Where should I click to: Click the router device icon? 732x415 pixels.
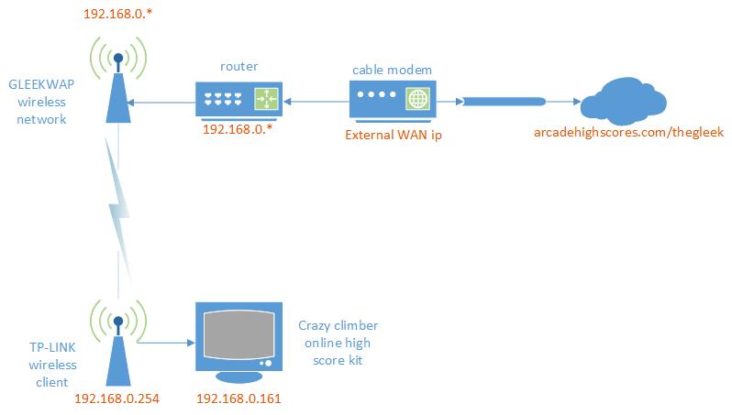point(238,100)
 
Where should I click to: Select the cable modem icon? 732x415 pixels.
point(393,99)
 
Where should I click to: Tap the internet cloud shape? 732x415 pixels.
point(623,100)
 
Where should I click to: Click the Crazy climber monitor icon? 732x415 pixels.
point(238,342)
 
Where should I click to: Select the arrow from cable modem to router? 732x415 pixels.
point(316,101)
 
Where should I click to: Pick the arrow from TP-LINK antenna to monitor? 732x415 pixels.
point(166,343)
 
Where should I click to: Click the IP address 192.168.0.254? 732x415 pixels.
point(116,399)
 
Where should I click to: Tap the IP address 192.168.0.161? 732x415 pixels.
point(238,399)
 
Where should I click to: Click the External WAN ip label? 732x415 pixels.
point(394,136)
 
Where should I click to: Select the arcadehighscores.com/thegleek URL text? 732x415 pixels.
point(629,133)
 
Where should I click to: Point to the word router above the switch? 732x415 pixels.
point(239,67)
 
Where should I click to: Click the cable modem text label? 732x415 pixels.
point(393,70)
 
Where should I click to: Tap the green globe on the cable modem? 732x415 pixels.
point(417,99)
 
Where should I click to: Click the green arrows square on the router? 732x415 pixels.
point(266,99)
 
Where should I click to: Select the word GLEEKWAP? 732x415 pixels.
point(41,84)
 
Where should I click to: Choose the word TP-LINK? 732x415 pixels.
point(52,347)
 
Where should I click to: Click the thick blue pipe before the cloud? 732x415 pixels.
point(505,101)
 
